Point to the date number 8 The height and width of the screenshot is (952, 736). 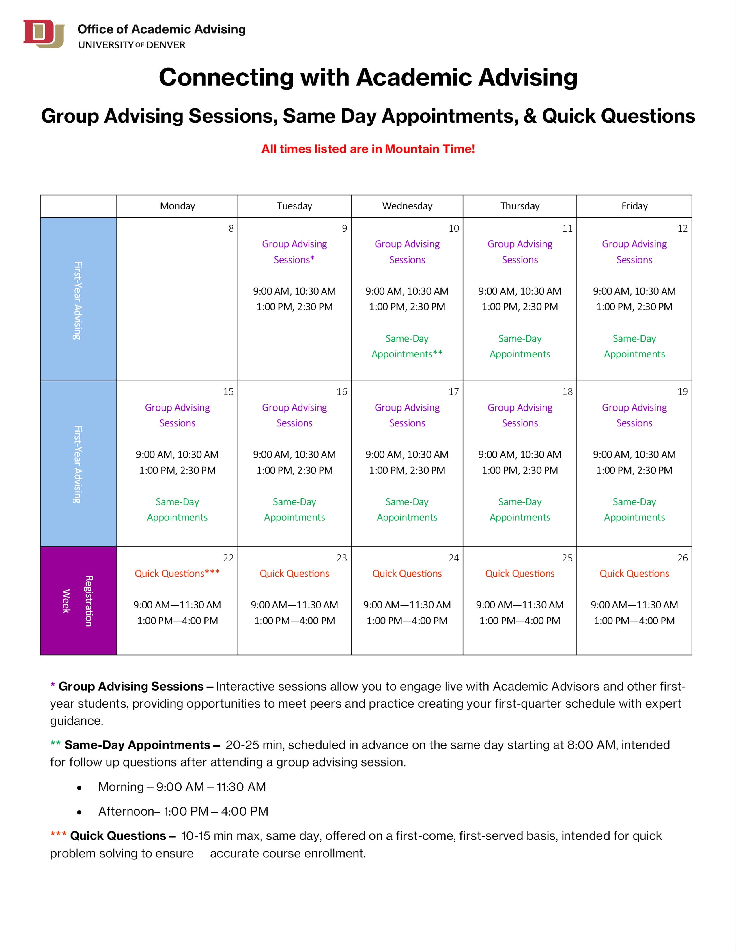tap(231, 228)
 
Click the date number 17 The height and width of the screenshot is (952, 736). tap(453, 392)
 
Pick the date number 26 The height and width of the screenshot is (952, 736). tap(682, 558)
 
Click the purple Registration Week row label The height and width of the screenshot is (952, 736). tap(78, 601)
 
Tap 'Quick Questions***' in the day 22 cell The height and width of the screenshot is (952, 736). tap(177, 574)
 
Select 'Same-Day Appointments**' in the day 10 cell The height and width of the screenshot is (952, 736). tap(407, 346)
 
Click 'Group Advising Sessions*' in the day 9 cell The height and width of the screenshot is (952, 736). tap(294, 252)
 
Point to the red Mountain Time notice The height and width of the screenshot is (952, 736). tap(368, 149)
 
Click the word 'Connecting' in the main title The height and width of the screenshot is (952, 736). tap(226, 78)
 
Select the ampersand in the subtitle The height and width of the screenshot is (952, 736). tap(529, 116)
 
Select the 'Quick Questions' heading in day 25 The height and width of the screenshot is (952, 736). tap(520, 574)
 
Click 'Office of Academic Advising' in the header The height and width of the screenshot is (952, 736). tap(161, 30)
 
